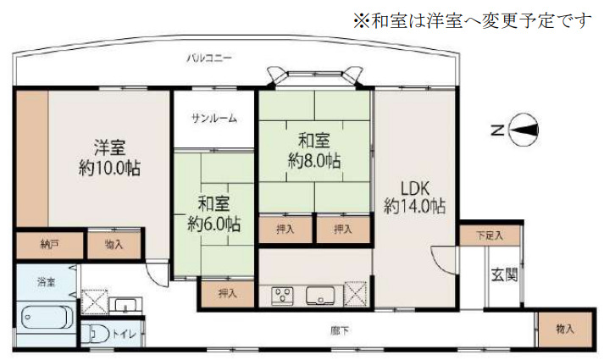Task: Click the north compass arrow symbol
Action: coord(525,130)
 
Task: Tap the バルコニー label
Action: coord(211,58)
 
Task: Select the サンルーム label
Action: coord(213,118)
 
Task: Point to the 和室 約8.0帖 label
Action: coord(313,150)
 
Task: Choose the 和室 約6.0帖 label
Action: coord(213,213)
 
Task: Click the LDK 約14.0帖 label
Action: coord(414,196)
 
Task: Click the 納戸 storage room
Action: coord(50,244)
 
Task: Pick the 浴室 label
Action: coord(45,280)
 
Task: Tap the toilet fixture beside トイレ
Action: coord(95,333)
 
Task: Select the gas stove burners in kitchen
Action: coord(282,296)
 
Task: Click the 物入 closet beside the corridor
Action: coord(564,328)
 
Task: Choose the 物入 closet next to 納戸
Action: coord(114,244)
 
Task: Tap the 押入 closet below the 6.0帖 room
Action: coord(227,293)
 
